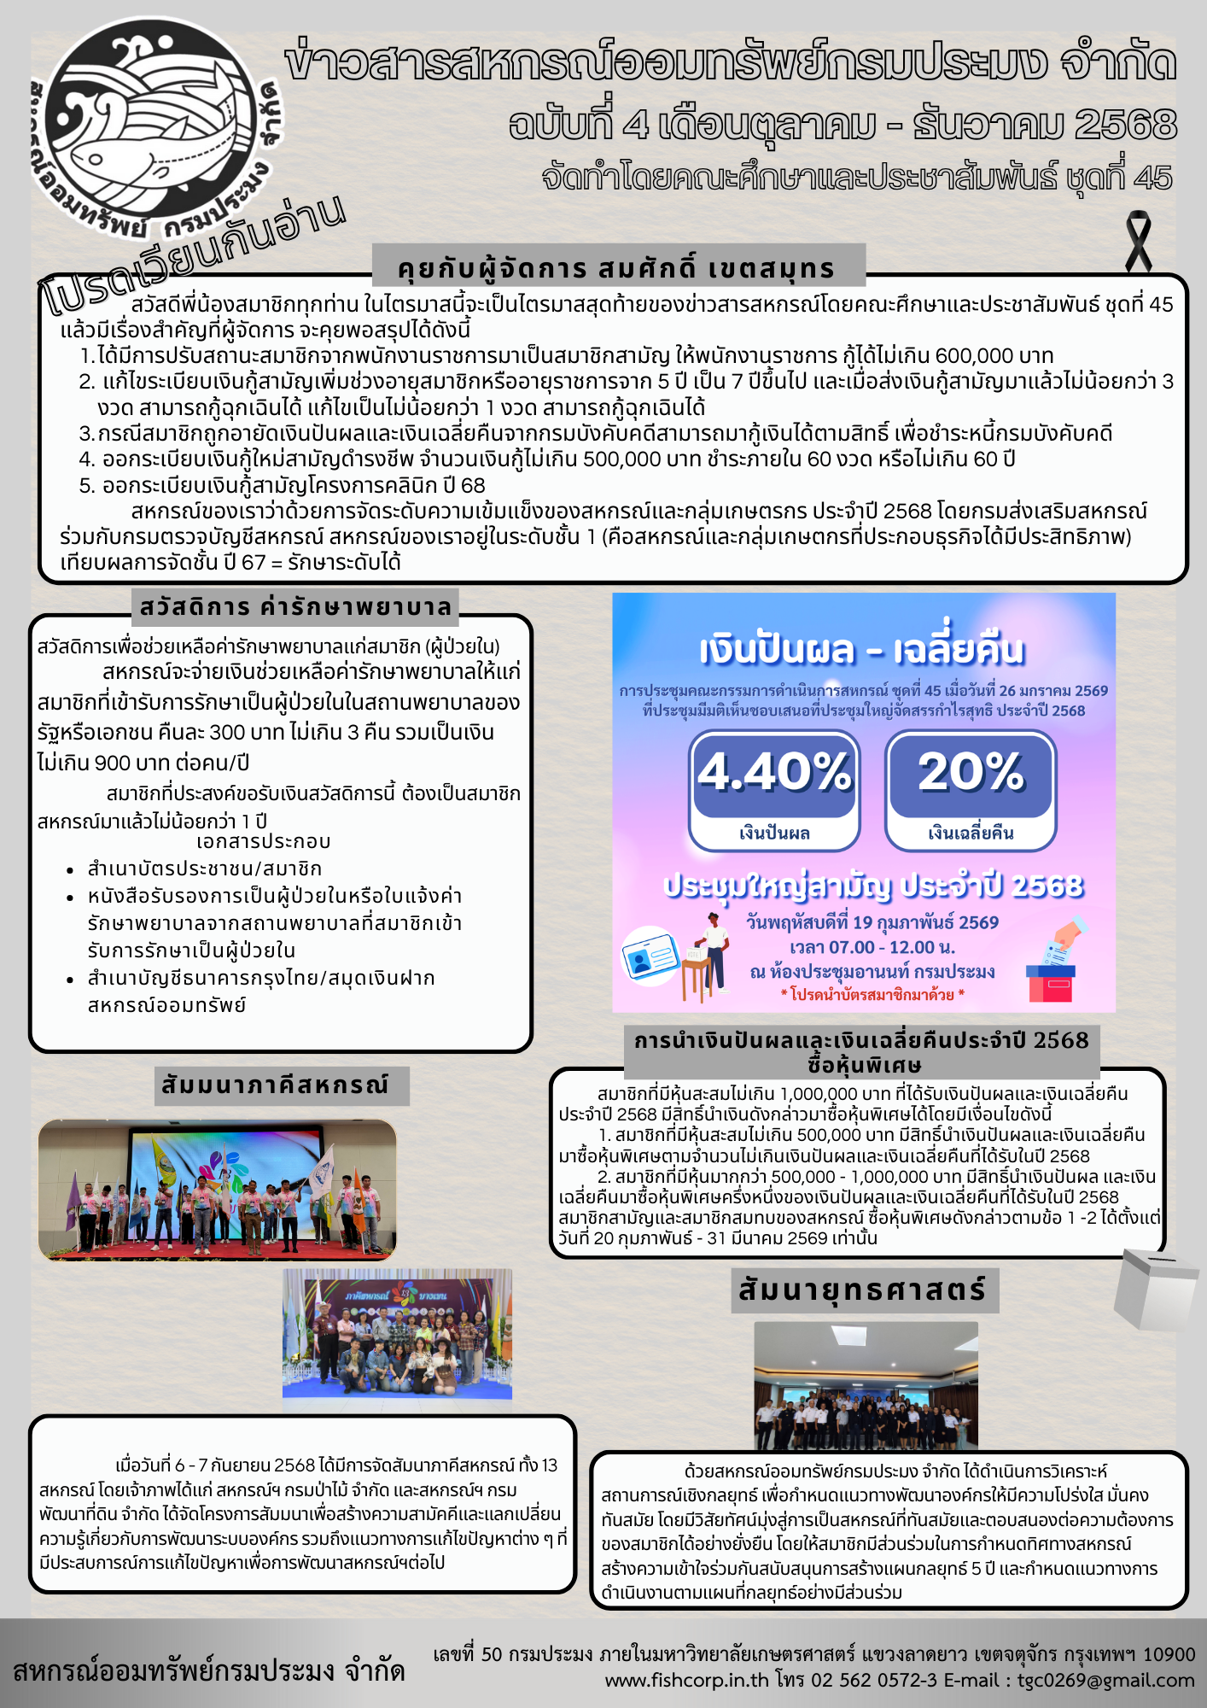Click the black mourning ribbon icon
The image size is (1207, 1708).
point(1138,242)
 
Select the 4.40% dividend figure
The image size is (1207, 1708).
point(774,772)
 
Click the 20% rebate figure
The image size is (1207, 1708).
point(971,772)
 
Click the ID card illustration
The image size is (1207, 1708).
point(650,957)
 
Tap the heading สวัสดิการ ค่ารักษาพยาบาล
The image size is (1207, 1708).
point(295,607)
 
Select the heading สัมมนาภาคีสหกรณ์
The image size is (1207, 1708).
point(275,1085)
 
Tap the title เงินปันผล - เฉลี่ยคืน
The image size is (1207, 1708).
point(862,650)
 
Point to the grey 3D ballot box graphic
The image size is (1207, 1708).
point(1156,1289)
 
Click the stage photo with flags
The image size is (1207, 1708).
point(217,1190)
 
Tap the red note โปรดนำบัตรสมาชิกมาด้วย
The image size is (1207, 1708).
point(872,994)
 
